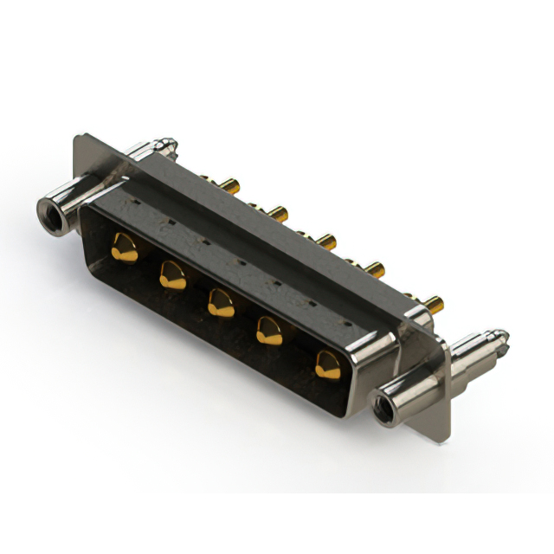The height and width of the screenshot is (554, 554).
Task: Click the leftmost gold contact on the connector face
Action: click(x=125, y=248)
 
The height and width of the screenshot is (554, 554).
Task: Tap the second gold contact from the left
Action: click(x=172, y=276)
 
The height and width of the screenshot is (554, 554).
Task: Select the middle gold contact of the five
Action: click(x=221, y=303)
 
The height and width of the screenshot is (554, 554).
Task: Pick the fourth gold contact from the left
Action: click(x=269, y=331)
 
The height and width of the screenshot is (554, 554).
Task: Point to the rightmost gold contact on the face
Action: click(x=327, y=364)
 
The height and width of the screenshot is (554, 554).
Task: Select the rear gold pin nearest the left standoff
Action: click(x=229, y=184)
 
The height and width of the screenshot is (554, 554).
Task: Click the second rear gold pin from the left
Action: click(x=276, y=212)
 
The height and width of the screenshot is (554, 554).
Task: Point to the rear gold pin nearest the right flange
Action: click(x=433, y=304)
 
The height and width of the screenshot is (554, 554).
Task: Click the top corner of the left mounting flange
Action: click(x=79, y=137)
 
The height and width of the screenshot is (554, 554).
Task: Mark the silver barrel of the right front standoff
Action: click(x=407, y=389)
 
